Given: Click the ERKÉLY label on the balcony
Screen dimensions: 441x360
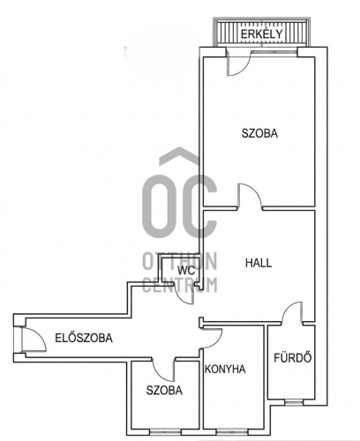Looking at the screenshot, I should click(262, 34).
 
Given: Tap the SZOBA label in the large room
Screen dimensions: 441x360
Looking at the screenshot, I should click(259, 134).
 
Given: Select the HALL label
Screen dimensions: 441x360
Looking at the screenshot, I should click(259, 263).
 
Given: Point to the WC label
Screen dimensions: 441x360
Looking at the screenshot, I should click(185, 271).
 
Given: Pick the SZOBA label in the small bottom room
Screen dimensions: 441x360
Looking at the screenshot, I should click(163, 389).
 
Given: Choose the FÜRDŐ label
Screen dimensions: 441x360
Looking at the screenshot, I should click(289, 359).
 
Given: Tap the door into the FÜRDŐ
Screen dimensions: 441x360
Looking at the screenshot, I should click(293, 313).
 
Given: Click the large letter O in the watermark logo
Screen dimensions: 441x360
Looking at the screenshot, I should click(161, 204).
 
